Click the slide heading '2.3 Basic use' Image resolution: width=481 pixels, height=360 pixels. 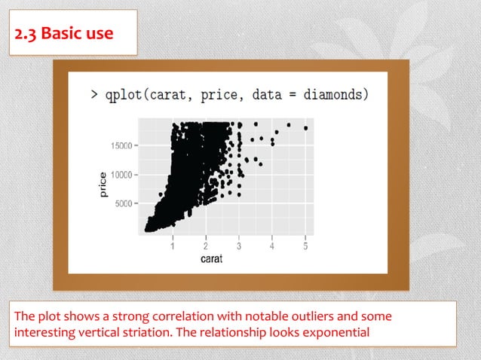64,33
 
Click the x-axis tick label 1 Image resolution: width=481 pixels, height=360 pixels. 173,246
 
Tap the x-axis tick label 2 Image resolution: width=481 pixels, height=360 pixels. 206,246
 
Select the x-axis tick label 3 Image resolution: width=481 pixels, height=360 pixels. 239,246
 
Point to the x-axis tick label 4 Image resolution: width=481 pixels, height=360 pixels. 272,246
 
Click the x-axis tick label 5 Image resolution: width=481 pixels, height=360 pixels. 305,246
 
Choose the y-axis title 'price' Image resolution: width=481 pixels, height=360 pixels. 103,185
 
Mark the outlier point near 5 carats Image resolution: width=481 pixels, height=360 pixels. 305,128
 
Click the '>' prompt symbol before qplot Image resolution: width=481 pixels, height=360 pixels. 94,95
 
